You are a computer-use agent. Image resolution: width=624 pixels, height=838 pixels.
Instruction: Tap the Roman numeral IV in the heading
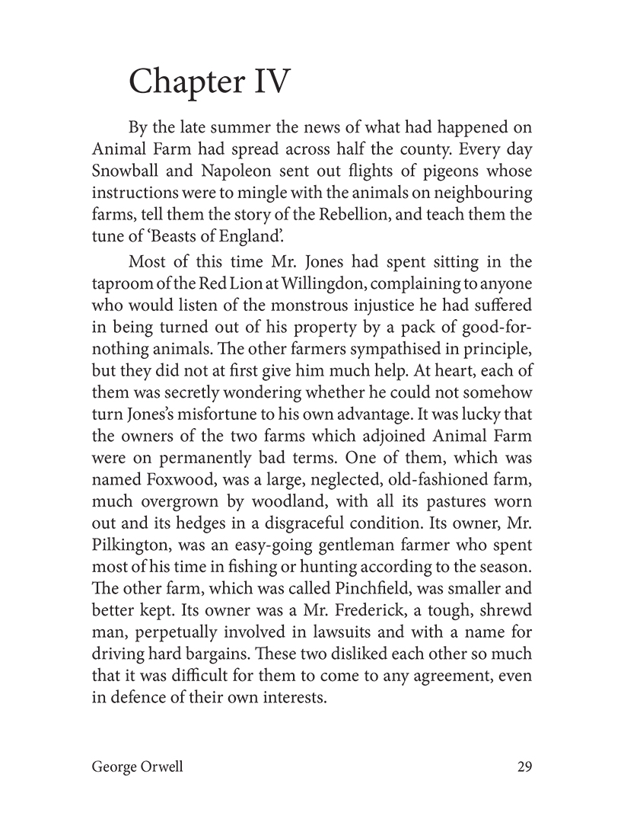269,82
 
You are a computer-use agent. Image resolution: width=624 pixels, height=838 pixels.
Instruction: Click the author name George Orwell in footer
137,767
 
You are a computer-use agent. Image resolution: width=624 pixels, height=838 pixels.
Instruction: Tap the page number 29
524,767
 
